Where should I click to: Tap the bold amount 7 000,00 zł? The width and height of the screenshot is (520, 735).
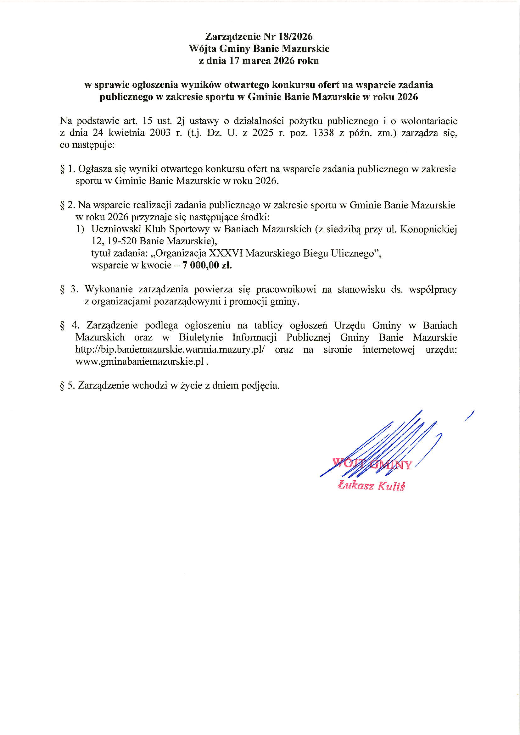[x=207, y=265]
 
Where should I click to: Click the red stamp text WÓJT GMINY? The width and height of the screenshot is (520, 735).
[x=372, y=464]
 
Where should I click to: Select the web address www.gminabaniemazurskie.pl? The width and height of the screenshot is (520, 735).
[x=139, y=362]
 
